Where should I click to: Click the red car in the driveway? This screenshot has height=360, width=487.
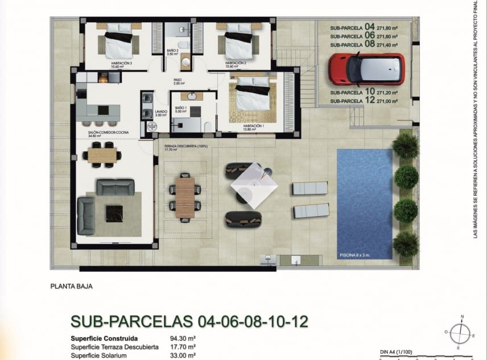366,69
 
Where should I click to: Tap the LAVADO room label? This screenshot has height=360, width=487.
160,113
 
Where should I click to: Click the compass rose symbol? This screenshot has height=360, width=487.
458,332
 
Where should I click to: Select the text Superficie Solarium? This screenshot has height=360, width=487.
98,355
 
